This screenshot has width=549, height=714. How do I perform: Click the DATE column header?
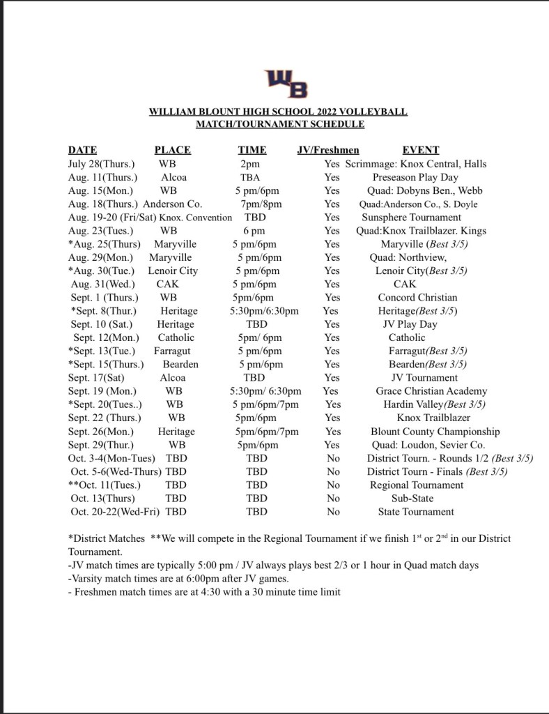[x=82, y=150]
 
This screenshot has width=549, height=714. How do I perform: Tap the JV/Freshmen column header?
[x=328, y=150]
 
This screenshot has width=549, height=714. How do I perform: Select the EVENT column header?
[x=421, y=150]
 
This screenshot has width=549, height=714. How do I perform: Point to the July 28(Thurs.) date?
[x=102, y=164]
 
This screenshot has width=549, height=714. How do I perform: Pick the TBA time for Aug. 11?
[x=250, y=177]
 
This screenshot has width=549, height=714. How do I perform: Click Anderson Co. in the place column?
[x=173, y=204]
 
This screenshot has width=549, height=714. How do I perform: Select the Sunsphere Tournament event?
[x=412, y=218]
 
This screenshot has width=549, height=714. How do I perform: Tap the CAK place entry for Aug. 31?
[x=168, y=284]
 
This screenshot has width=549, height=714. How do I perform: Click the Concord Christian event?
[x=418, y=298]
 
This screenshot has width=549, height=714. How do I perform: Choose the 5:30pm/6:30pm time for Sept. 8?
[x=264, y=311]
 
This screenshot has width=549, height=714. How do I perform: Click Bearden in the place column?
[x=180, y=365]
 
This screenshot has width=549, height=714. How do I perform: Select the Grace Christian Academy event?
[x=431, y=391]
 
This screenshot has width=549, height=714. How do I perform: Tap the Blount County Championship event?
[x=435, y=432]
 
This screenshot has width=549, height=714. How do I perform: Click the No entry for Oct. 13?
[x=334, y=499]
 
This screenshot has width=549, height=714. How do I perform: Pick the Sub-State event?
[x=412, y=499]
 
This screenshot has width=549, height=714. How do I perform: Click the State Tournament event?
[x=416, y=512]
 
